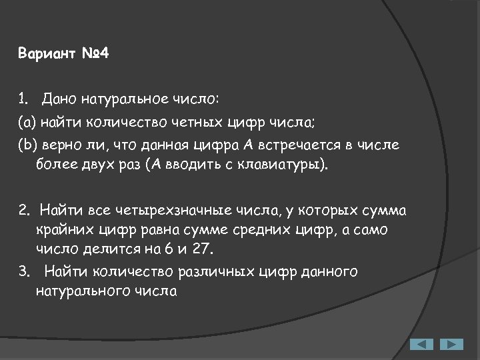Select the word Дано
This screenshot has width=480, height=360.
pyautogui.click(x=59, y=100)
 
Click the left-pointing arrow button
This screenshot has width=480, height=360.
pyautogui.click(x=421, y=345)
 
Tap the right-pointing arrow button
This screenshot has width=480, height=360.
pyautogui.click(x=451, y=345)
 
